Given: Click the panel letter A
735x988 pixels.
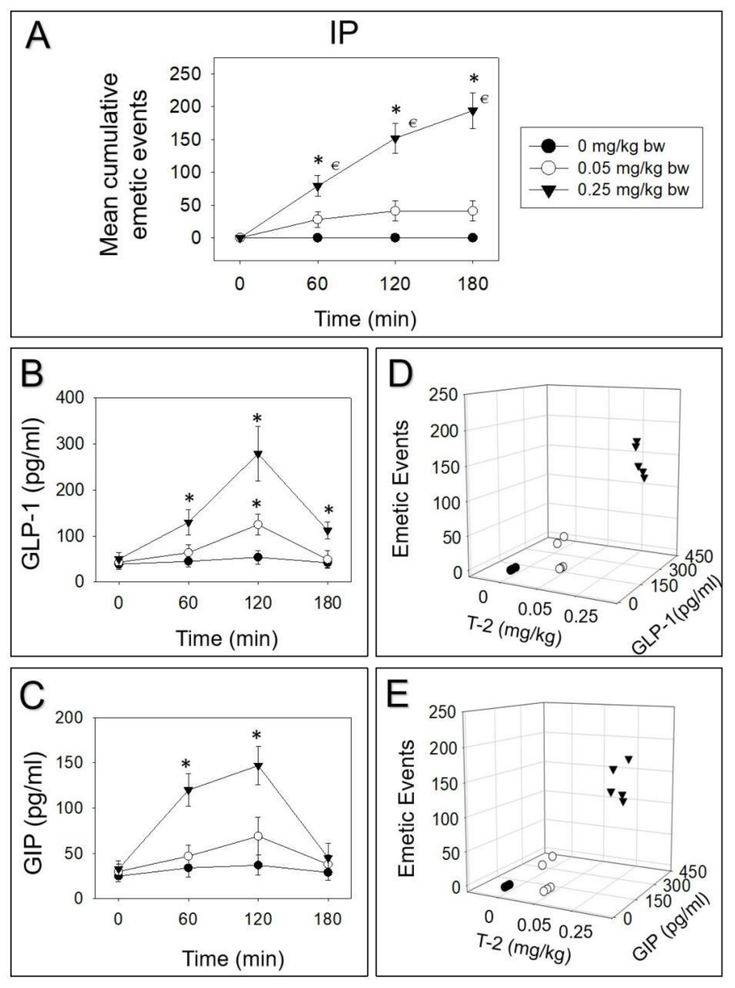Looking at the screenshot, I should [x=37, y=36].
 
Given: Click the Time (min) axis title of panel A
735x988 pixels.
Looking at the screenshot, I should [x=365, y=319].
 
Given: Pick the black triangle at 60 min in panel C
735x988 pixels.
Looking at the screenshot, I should [x=188, y=790].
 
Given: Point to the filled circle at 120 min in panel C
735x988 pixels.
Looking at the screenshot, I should [x=258, y=865].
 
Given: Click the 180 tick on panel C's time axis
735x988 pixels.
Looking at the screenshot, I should [x=328, y=919].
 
